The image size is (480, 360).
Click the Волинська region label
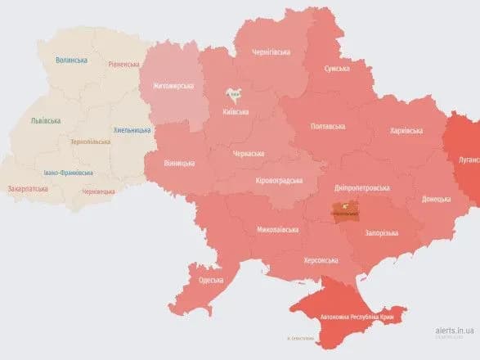click(74, 61)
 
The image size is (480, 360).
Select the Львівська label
click(45, 121)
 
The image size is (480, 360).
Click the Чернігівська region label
click(270, 52)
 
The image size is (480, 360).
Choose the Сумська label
click(338, 69)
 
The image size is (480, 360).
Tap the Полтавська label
click(327, 127)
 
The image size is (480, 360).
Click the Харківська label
click(406, 130)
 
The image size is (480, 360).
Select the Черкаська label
click(248, 153)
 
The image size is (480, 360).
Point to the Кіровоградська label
click(279, 180)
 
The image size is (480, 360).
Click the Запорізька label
click(381, 233)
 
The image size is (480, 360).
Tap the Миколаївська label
click(277, 230)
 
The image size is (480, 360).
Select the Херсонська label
click(321, 260)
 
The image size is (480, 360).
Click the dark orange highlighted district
click(343, 211)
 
